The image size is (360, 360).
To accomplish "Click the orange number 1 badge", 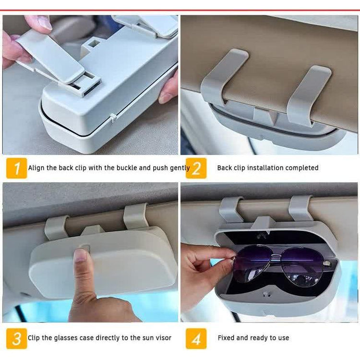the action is pyautogui.click(x=16, y=168).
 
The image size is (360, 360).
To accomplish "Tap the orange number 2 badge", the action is pyautogui.click(x=196, y=168).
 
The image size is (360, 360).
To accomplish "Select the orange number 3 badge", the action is pyautogui.click(x=16, y=338).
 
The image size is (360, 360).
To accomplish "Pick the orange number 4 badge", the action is pyautogui.click(x=196, y=338).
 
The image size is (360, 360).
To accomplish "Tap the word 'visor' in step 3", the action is pyautogui.click(x=164, y=338).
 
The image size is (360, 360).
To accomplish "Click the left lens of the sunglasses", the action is pyautogui.click(x=252, y=264).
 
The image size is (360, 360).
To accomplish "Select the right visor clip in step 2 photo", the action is pyautogui.click(x=308, y=94).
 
